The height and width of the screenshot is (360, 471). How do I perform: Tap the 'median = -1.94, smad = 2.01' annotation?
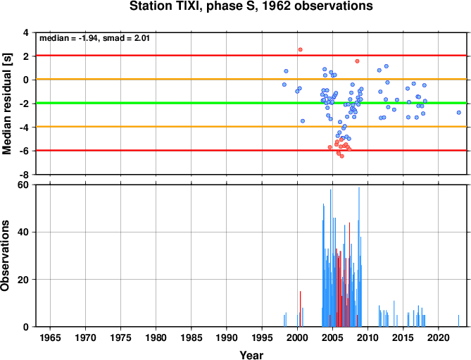pyautogui.click(x=94, y=38)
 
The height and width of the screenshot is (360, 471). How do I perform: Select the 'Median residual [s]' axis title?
pyautogui.click(x=7, y=104)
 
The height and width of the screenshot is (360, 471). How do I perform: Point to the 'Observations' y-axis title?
pyautogui.click(x=5, y=256)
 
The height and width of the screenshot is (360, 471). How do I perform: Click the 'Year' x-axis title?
pyautogui.click(x=251, y=355)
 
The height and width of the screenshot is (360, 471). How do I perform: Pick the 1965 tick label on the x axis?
pyautogui.click(x=50, y=337)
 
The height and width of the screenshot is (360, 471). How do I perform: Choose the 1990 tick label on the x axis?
pyautogui.click(x=227, y=337)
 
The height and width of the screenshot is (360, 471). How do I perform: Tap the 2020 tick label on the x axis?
pyautogui.click(x=438, y=337)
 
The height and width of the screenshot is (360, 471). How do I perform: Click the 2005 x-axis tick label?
pyautogui.click(x=332, y=337)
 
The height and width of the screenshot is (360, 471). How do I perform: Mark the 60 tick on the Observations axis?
pyautogui.click(x=25, y=185)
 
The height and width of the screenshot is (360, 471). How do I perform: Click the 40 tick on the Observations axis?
pyautogui.click(x=25, y=232)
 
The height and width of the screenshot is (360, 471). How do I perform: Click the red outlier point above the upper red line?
pyautogui.click(x=300, y=49)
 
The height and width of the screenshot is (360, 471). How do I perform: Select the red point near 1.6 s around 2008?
pyautogui.click(x=357, y=61)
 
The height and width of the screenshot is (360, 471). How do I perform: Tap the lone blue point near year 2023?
pyautogui.click(x=459, y=113)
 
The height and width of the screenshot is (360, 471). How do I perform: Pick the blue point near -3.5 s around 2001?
pyautogui.click(x=303, y=120)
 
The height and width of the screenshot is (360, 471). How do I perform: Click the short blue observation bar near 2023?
pyautogui.click(x=459, y=321)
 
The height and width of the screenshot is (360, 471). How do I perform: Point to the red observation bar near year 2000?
pyautogui.click(x=300, y=309)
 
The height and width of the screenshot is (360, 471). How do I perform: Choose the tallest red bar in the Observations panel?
pyautogui.click(x=349, y=274)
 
